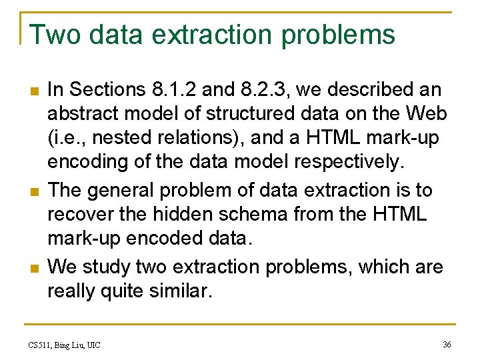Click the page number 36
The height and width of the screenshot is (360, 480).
446,344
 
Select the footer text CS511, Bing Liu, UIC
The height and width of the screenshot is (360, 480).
65,345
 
